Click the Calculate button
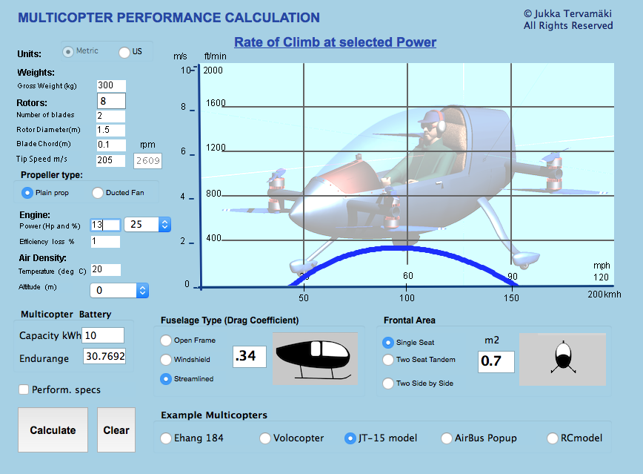53,429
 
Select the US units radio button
124,52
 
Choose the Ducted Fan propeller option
98,193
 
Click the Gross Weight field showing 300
111,85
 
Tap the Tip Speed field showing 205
110,160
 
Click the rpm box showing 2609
147,161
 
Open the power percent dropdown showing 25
147,224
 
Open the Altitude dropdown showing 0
119,290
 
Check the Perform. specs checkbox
24,389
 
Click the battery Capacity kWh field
103,335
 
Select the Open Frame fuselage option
166,340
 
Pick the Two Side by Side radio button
388,384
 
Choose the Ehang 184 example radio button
166,438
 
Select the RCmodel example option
553,438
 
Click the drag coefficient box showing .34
250,356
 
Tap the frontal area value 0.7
496,362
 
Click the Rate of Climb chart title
335,42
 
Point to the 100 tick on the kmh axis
407,297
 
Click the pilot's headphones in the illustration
441,124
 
